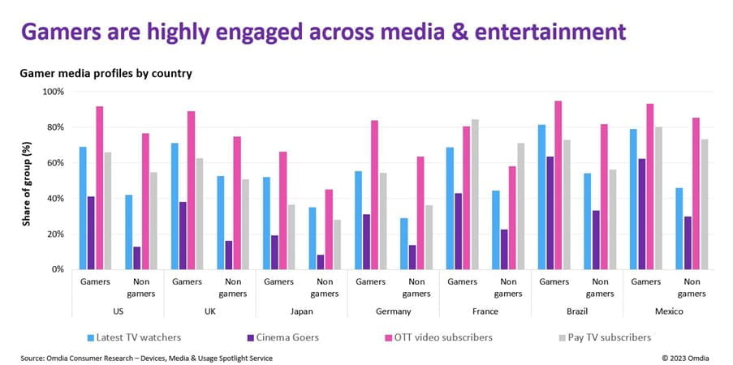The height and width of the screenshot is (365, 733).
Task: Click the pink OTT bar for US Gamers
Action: [100, 187]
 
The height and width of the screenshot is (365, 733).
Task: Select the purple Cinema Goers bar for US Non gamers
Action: [136, 258]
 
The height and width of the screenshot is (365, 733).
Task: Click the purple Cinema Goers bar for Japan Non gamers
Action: [321, 262]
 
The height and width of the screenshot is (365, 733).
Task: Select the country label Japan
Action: [300, 311]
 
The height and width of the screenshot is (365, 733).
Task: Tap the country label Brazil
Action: [576, 311]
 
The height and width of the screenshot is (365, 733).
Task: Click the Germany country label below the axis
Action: [393, 311]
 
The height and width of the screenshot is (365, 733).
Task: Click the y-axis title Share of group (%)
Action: [27, 180]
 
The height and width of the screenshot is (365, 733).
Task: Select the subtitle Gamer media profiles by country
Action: [106, 73]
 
